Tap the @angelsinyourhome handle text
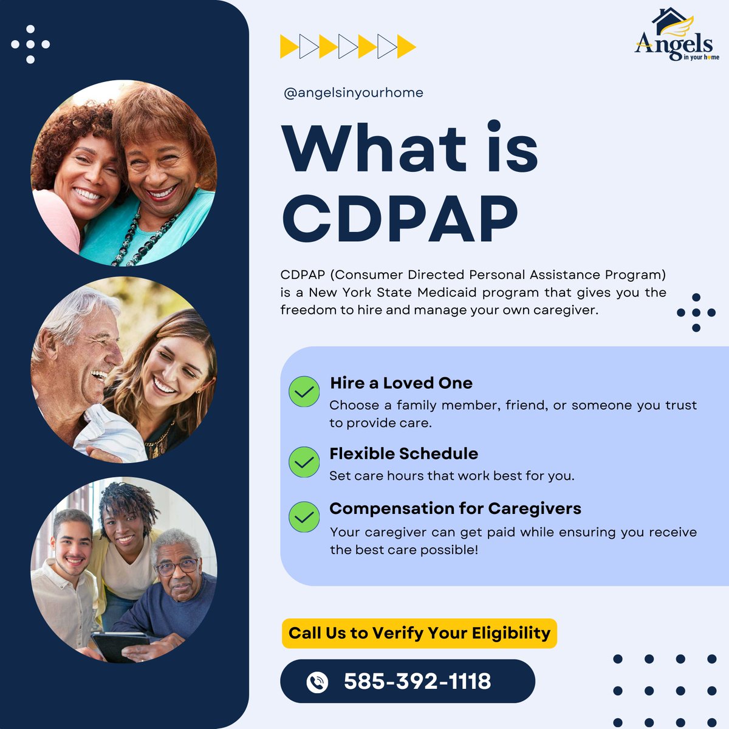pyautogui.click(x=353, y=93)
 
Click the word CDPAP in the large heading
pyautogui.click(x=400, y=221)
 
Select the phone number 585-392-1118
pyautogui.click(x=417, y=681)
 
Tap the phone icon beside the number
pyautogui.click(x=317, y=682)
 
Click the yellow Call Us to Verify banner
pyautogui.click(x=419, y=633)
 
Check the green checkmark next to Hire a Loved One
pyautogui.click(x=304, y=392)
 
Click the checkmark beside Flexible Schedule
pyautogui.click(x=304, y=462)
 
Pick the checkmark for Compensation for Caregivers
pyautogui.click(x=304, y=517)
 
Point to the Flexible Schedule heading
pyautogui.click(x=403, y=454)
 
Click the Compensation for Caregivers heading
pyautogui.click(x=455, y=508)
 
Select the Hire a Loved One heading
pyautogui.click(x=401, y=383)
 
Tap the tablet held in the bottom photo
pyautogui.click(x=120, y=646)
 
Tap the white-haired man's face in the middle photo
pyautogui.click(x=91, y=352)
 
